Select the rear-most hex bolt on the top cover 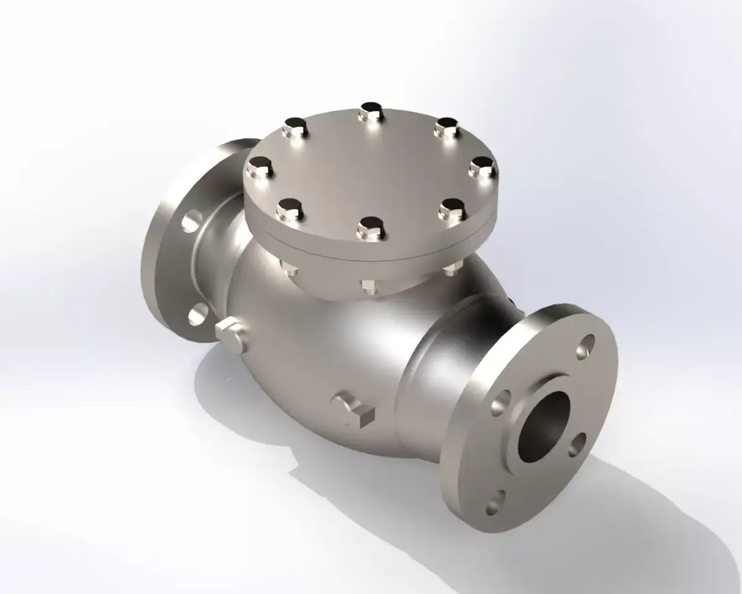coord(371,112)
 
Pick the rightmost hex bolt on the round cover coord(482,166)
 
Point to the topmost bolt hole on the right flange coord(586,347)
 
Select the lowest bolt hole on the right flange coord(495,502)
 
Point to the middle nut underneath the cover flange coord(369,285)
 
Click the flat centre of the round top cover coord(371,170)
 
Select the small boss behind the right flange coord(511,301)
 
